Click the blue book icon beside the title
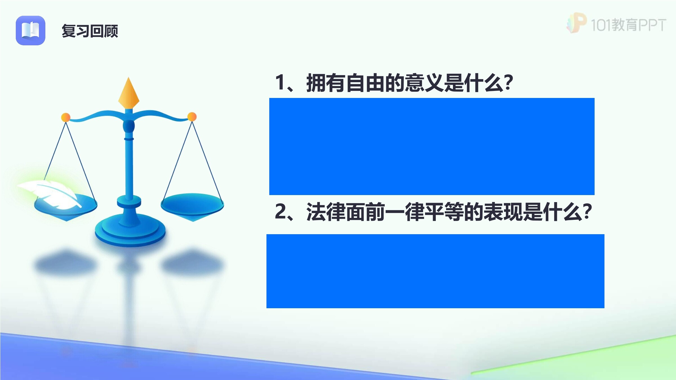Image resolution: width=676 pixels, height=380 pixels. [x=30, y=30]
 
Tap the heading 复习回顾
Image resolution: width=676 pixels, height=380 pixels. [x=90, y=31]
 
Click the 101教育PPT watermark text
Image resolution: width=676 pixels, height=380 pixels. [x=628, y=25]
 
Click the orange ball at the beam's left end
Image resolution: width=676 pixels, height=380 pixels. [x=66, y=117]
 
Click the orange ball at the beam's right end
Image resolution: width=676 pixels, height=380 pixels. [x=192, y=117]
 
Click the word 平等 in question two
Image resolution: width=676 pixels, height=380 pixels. [x=444, y=212]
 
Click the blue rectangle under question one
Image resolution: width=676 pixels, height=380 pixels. [x=432, y=146]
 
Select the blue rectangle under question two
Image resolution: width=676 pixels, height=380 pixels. [x=435, y=271]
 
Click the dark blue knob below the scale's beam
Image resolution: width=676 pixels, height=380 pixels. [x=129, y=126]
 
